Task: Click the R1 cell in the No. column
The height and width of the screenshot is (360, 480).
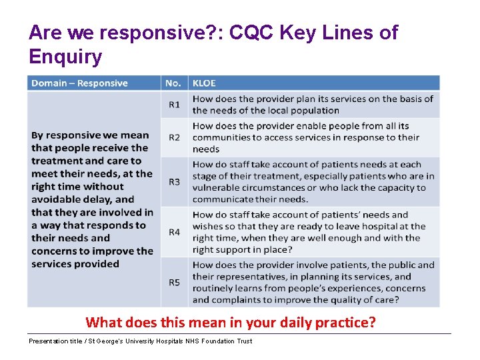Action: coord(174,105)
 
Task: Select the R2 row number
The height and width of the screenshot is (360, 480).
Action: coord(174,137)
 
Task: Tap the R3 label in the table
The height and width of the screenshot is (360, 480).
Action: coord(174,181)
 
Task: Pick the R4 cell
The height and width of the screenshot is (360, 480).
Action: coord(174,232)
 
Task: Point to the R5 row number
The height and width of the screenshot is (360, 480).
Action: coord(174,283)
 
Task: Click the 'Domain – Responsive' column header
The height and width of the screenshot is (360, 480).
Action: coord(79,83)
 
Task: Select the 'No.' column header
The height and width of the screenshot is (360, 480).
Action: coord(173,83)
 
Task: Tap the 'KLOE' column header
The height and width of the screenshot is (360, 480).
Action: coord(204,83)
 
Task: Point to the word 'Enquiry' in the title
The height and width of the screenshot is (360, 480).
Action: coord(65,57)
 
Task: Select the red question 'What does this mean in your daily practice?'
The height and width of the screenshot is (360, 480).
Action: coord(231,323)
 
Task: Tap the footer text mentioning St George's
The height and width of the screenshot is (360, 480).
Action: coord(140,341)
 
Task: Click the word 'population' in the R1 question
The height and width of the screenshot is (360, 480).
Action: coord(314,111)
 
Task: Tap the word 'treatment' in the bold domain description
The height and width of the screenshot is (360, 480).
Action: coord(58,161)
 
